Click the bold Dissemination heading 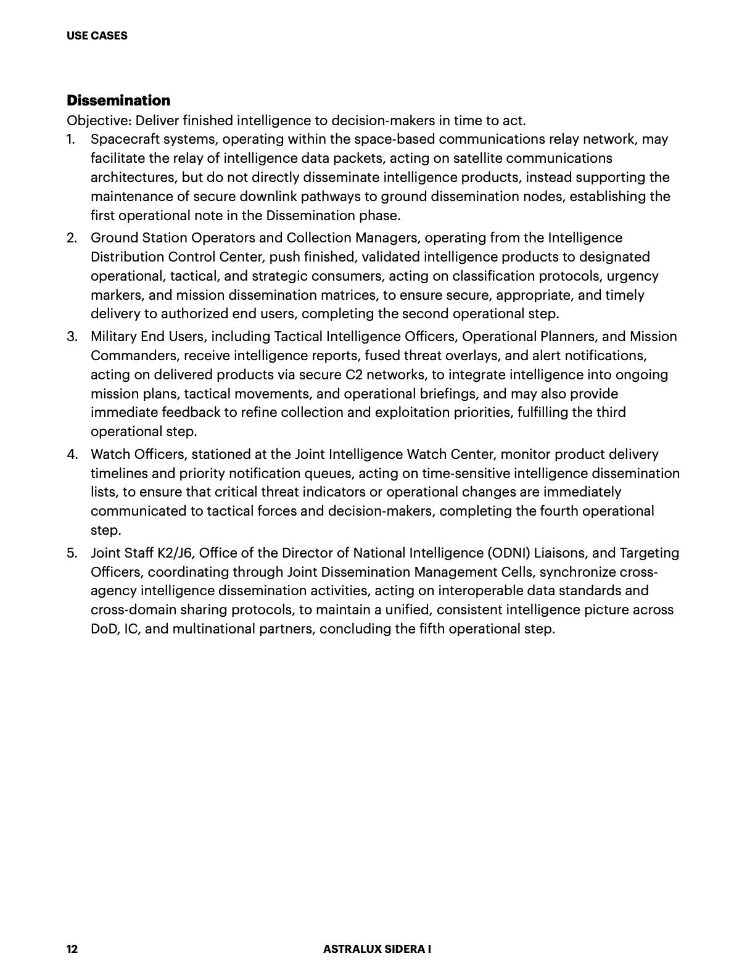coord(118,101)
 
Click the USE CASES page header coord(97,36)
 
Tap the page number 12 coord(72,949)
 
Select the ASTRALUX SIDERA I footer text coord(377,949)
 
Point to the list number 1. coord(71,139)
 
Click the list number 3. coord(72,337)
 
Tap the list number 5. coord(72,553)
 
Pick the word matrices coord(346,295)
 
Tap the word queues coord(331,474)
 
